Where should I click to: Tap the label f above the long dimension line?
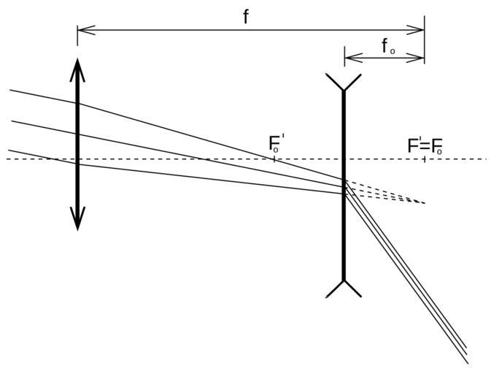point(246,17)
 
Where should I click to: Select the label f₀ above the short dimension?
point(387,47)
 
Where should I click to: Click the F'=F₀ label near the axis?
point(424,146)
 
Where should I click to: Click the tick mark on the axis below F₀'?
point(274,159)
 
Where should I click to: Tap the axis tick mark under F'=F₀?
point(424,159)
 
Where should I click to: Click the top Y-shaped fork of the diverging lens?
point(343,83)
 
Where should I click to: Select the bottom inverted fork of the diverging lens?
point(343,288)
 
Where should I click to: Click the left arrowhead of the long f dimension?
point(82,30)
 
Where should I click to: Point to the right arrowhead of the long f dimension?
point(420,30)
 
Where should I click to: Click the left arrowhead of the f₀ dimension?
point(348,57)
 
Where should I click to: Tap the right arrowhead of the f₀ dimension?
point(420,57)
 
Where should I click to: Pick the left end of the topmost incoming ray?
point(11,91)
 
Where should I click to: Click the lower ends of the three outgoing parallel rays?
point(465,354)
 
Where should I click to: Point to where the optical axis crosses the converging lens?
point(77,159)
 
